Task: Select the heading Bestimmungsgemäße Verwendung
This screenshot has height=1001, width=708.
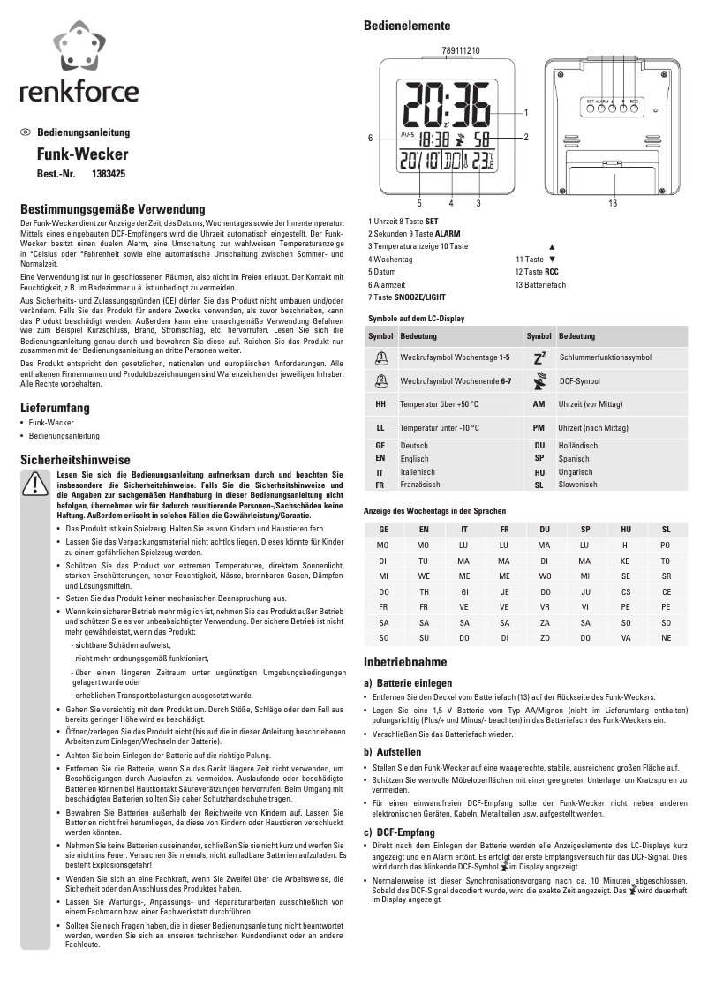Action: [112, 209]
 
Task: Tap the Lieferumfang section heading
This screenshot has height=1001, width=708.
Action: [56, 408]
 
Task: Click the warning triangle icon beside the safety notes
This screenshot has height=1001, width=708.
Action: [35, 485]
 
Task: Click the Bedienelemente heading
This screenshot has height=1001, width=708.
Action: [407, 26]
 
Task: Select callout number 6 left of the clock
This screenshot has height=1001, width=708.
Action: [371, 137]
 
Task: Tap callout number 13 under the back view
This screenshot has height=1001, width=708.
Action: [612, 204]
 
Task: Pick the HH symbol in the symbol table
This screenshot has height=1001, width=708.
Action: [380, 403]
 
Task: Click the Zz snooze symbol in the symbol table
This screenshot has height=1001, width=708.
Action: [540, 357]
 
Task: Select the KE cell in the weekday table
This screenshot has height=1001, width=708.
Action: [625, 561]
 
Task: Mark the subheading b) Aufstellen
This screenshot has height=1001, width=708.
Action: [392, 752]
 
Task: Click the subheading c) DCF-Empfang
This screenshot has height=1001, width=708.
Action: [399, 832]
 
